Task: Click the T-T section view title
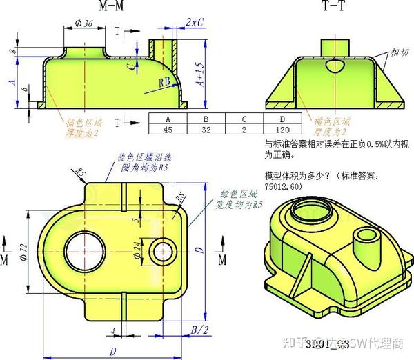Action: [x=335, y=7]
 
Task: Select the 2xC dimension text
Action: [x=195, y=22]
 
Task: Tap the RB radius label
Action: [x=165, y=81]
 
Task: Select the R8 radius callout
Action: [x=180, y=197]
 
